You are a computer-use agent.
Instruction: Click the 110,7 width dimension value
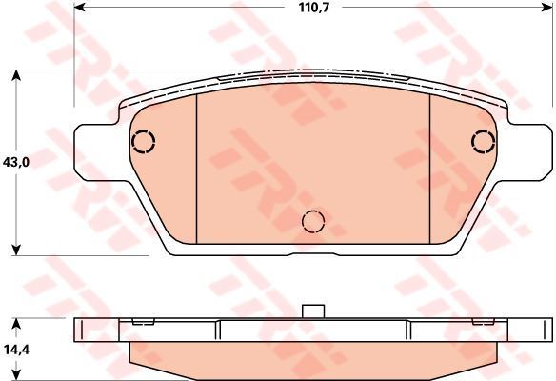314,8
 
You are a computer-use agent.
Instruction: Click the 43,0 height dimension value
16,163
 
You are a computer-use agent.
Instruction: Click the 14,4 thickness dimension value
17,350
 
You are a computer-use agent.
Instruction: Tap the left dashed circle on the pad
143,142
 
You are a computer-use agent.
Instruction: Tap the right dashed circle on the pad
484,142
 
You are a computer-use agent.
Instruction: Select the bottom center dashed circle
313,221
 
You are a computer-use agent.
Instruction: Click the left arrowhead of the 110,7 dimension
79,7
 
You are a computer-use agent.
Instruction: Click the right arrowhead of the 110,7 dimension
546,7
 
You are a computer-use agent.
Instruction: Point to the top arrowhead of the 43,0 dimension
16,75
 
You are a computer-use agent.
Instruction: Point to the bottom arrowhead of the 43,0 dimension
16,250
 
